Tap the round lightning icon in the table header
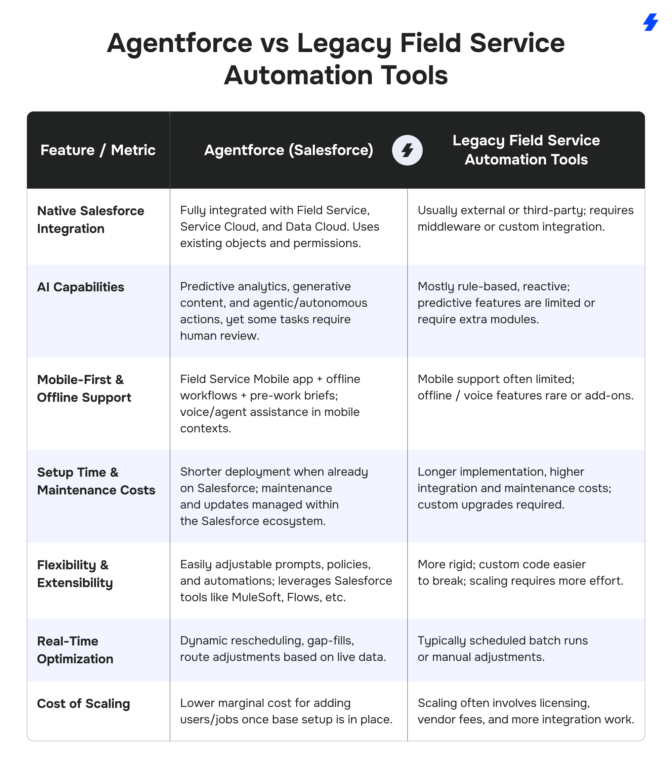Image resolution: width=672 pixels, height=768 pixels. (x=407, y=150)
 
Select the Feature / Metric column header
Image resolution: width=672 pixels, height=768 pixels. (x=98, y=150)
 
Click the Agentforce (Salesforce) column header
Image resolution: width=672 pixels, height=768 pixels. (x=288, y=150)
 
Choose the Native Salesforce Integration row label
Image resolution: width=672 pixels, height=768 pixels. (x=90, y=220)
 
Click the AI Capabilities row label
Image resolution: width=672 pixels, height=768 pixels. (x=81, y=287)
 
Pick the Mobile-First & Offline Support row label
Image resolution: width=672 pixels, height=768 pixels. (x=84, y=388)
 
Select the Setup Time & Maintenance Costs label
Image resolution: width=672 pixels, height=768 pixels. (x=96, y=481)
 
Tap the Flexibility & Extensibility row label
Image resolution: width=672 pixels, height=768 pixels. (x=75, y=574)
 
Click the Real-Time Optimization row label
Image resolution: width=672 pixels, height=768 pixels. (x=75, y=650)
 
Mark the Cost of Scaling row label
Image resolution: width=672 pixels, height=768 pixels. (x=83, y=704)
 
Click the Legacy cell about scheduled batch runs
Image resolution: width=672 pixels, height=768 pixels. (x=503, y=649)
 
